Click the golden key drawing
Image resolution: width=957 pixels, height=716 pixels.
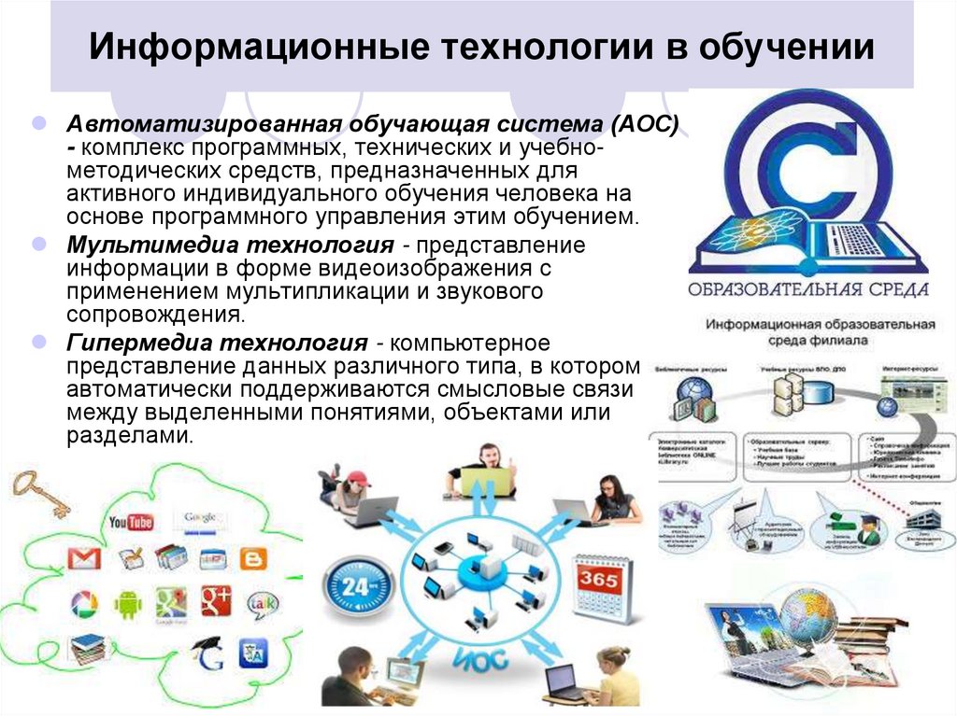(42, 492)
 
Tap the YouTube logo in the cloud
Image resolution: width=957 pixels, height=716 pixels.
(131, 521)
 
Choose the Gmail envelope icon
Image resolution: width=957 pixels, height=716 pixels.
(83, 558)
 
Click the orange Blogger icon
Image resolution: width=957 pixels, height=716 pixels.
(252, 558)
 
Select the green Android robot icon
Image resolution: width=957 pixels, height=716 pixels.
(127, 605)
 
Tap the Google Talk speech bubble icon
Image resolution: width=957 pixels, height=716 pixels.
(262, 604)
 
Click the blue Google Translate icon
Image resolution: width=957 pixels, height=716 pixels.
(252, 650)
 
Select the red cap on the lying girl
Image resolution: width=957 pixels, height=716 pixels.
(356, 479)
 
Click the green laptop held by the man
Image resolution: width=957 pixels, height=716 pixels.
(486, 481)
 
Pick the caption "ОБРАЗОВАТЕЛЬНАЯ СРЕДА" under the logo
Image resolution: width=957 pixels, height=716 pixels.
(808, 288)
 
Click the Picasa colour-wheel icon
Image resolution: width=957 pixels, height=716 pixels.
(84, 604)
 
